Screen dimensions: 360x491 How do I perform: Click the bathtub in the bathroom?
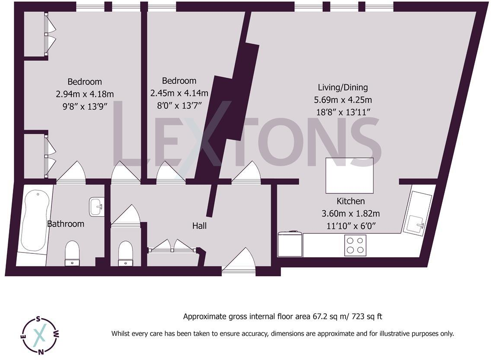34,221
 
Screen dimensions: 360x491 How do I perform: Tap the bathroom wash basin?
96,207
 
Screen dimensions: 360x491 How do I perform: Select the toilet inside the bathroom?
72,253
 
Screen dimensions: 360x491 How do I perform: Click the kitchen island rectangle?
349,175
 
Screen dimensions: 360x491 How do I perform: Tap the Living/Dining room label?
343,88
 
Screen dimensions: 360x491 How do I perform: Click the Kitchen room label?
351,201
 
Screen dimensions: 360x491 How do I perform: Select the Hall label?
199,226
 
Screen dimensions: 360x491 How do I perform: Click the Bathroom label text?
66,224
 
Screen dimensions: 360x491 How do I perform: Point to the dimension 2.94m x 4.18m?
85,94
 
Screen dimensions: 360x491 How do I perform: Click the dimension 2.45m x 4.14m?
179,93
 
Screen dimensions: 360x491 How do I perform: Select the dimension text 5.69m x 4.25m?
343,100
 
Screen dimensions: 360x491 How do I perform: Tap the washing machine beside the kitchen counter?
290,244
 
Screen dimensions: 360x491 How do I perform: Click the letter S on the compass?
38,320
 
